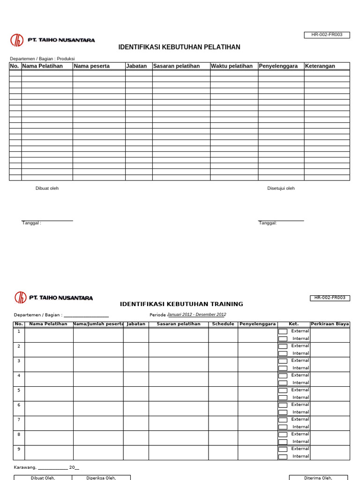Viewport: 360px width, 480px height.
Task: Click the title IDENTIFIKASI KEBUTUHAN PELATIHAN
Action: (179, 47)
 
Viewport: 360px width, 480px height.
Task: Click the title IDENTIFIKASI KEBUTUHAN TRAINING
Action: (181, 304)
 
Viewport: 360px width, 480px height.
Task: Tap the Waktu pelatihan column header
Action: (232, 66)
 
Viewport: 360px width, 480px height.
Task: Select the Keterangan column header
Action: (320, 66)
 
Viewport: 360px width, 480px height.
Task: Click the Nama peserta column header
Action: (92, 66)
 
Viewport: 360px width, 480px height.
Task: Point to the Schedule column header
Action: (223, 324)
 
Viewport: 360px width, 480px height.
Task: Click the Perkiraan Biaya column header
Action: (330, 324)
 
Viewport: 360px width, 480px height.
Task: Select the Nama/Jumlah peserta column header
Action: (98, 324)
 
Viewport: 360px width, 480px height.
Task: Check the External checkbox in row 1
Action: (283, 331)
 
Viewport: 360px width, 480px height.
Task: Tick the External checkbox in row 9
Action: (283, 449)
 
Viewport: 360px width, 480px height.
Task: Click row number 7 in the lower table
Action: (19, 420)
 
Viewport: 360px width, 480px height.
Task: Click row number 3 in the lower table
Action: (19, 361)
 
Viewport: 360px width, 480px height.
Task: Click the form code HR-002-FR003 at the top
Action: (327, 35)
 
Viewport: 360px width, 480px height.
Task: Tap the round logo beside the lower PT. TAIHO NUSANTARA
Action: (20, 298)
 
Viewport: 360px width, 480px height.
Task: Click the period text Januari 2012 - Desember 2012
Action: (197, 315)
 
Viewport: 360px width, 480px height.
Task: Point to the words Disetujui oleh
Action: (281, 188)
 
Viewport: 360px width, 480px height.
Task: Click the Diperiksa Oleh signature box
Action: (101, 477)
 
